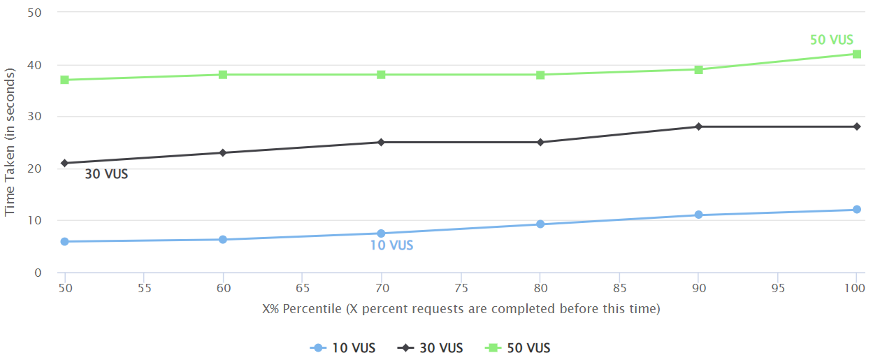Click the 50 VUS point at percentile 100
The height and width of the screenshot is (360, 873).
tap(856, 54)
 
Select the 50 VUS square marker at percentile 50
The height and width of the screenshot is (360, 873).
tap(64, 80)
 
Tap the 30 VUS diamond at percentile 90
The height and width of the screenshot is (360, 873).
tap(698, 127)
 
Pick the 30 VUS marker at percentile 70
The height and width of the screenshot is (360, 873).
tap(381, 142)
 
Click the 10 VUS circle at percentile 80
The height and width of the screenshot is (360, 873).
tap(540, 224)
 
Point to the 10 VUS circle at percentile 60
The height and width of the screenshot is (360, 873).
tap(223, 240)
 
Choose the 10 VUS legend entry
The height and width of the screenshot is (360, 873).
tap(342, 348)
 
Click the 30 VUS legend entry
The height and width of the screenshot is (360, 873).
tap(430, 348)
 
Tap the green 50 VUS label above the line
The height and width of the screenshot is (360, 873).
tap(831, 40)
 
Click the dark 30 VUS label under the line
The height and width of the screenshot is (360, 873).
tap(106, 174)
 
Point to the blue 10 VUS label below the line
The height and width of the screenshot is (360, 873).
tap(391, 245)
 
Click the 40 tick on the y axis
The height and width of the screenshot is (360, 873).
tap(35, 65)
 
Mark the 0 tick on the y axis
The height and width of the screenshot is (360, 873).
tap(38, 273)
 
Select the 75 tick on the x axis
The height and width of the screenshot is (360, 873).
tap(461, 288)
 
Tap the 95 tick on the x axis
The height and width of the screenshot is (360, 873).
tap(777, 288)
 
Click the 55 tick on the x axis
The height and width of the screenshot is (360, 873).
tap(144, 288)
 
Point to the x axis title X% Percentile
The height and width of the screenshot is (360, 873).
tap(461, 309)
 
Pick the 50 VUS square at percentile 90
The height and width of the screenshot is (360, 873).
tap(698, 69)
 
